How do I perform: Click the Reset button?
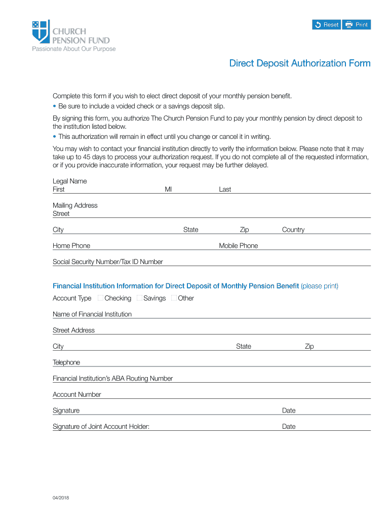point(326,25)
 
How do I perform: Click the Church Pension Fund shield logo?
point(41,31)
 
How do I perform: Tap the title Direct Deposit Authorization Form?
point(300,63)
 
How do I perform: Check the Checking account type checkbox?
point(101,298)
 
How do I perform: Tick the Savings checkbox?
point(140,298)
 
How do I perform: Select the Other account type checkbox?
point(174,298)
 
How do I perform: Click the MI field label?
point(168,189)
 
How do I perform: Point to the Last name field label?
point(225,189)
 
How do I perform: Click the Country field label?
point(293,230)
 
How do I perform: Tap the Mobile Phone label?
point(238,246)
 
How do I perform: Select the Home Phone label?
point(71,246)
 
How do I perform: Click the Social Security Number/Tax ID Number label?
point(108,262)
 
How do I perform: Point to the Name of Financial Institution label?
point(92,314)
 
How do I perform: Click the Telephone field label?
point(66,362)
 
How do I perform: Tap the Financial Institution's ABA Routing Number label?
point(112,379)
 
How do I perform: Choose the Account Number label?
point(77,394)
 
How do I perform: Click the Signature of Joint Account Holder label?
point(101,427)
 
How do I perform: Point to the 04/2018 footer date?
point(61,498)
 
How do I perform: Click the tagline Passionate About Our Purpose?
point(74,49)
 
